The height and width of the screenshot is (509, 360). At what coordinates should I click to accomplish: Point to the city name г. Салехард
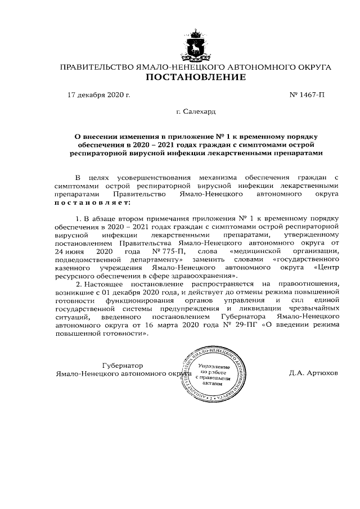pyautogui.click(x=195, y=112)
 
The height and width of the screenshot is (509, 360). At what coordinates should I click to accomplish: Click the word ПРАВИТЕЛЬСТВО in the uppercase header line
pyautogui.click(x=94, y=67)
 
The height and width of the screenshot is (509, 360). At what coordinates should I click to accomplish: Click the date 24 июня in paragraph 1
pyautogui.click(x=69, y=251)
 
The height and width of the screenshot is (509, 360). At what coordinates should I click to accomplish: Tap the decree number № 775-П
pyautogui.click(x=168, y=251)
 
